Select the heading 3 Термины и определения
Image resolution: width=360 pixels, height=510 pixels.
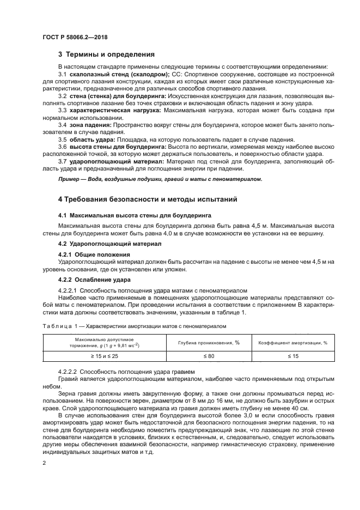point(106,54)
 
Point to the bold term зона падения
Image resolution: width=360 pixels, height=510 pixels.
point(89,125)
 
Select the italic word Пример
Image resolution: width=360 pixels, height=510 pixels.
point(70,179)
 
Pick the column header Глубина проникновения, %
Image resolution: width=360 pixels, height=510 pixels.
point(209,342)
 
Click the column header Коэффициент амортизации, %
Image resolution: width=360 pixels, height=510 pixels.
point(292,342)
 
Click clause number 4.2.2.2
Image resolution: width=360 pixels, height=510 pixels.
point(68,372)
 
